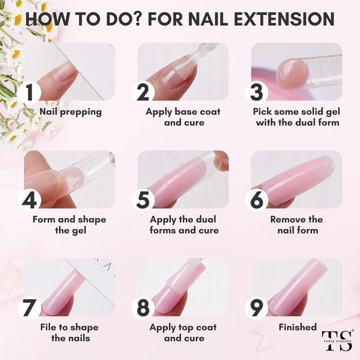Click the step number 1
click(x=29, y=91)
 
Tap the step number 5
click(x=143, y=199)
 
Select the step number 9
click(x=256, y=307)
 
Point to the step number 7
click(x=29, y=307)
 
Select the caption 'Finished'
click(x=297, y=327)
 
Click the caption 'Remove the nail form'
click(x=297, y=224)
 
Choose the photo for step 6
click(x=297, y=179)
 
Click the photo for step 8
click(x=183, y=287)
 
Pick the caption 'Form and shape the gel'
click(x=69, y=224)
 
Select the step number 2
click(x=143, y=91)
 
